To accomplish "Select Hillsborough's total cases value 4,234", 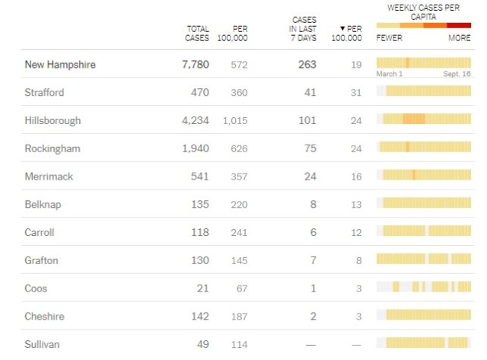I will (194, 120).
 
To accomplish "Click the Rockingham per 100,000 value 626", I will (239, 148).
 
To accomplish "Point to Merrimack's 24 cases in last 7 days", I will (309, 176).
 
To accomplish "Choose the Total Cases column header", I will (197, 33).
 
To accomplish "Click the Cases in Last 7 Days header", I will (304, 28).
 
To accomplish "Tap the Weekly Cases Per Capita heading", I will (424, 11).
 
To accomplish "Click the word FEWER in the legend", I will (390, 38).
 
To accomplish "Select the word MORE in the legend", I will (459, 38).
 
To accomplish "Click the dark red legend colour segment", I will (459, 25).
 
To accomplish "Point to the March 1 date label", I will (390, 74).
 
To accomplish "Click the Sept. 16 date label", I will (457, 74).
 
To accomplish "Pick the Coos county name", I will (37, 288).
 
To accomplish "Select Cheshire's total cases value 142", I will (199, 316).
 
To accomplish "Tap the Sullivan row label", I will (42, 344).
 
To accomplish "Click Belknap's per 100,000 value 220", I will (239, 204).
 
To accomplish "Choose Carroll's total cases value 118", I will (199, 232).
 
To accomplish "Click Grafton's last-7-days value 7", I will (312, 260).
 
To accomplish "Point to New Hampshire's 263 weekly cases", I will (306, 65).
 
